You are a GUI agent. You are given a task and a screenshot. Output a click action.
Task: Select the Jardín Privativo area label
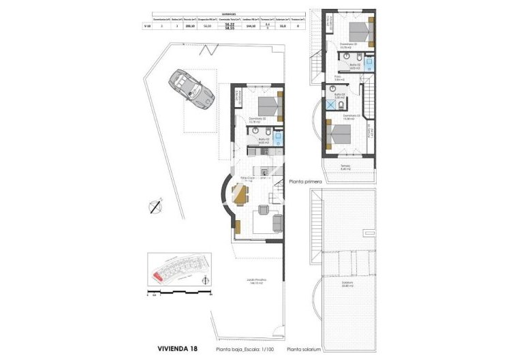pyautogui.click(x=256, y=281)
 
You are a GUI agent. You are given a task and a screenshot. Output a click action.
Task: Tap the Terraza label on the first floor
pyautogui.click(x=345, y=166)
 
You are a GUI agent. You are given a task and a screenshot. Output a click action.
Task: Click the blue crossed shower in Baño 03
pyautogui.click(x=330, y=106)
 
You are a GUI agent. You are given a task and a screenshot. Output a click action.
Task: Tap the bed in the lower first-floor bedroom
pyautogui.click(x=339, y=132)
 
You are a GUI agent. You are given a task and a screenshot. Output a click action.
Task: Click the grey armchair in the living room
pyautogui.click(x=277, y=222)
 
